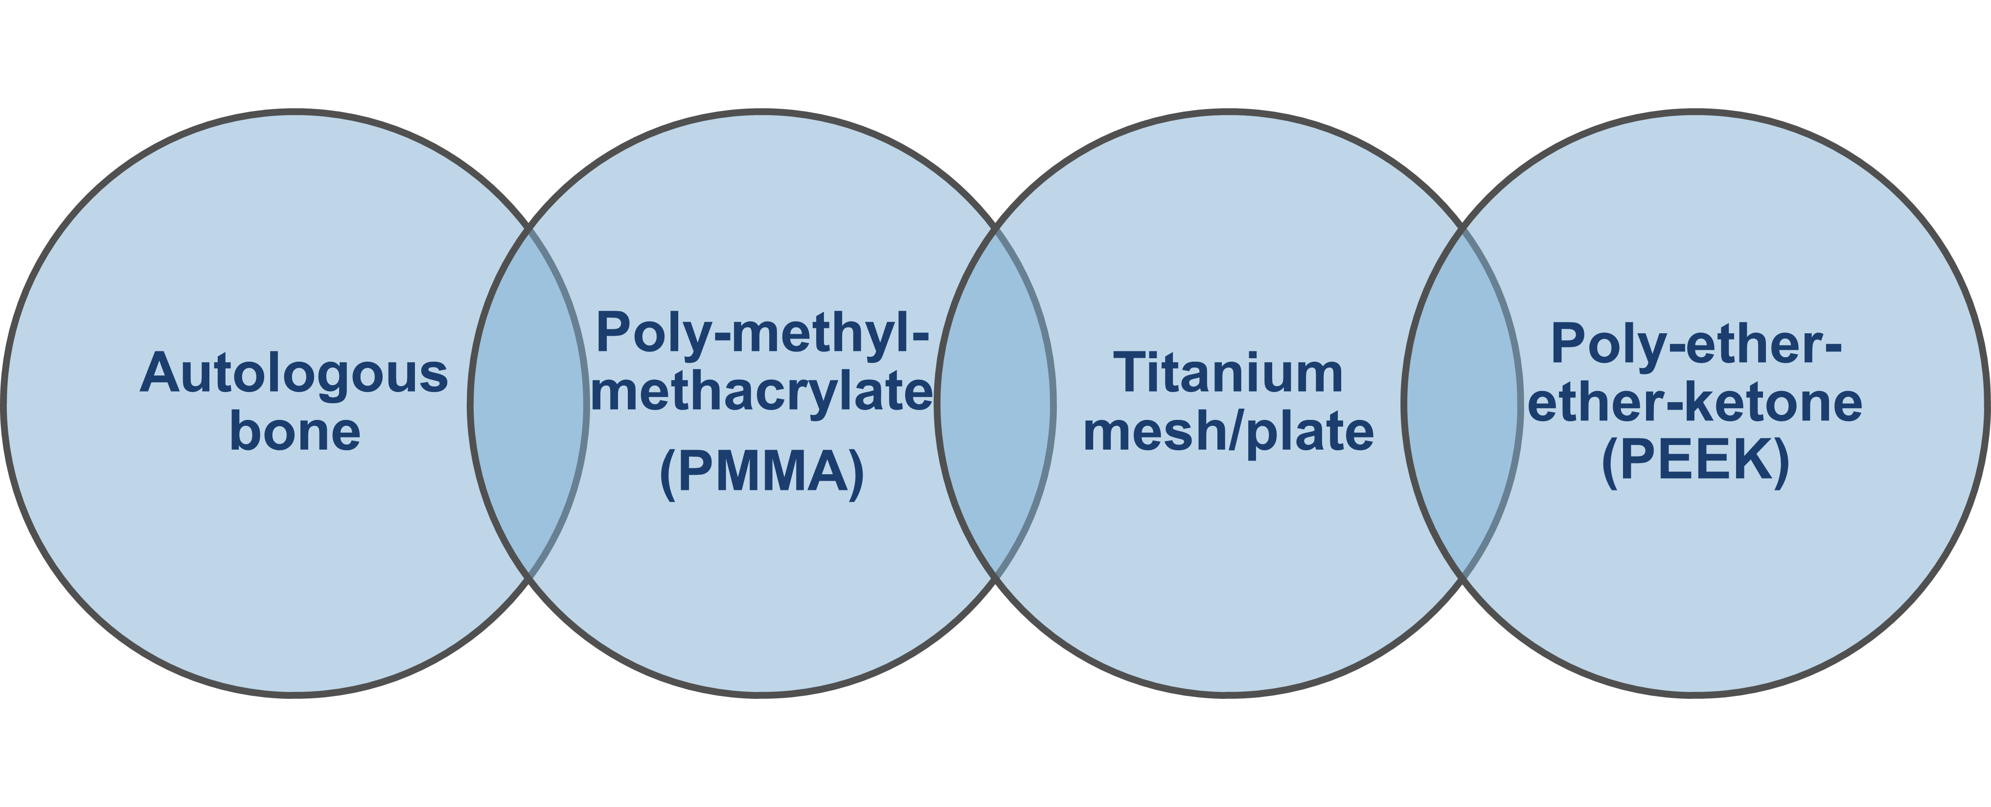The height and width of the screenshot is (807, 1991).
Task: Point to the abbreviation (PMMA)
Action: pos(762,473)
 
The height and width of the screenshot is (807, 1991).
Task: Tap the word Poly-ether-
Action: pos(1696,345)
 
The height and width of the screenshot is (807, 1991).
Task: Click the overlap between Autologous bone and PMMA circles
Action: pos(528,403)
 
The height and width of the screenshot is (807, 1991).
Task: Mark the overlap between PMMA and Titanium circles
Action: pos(995,403)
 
